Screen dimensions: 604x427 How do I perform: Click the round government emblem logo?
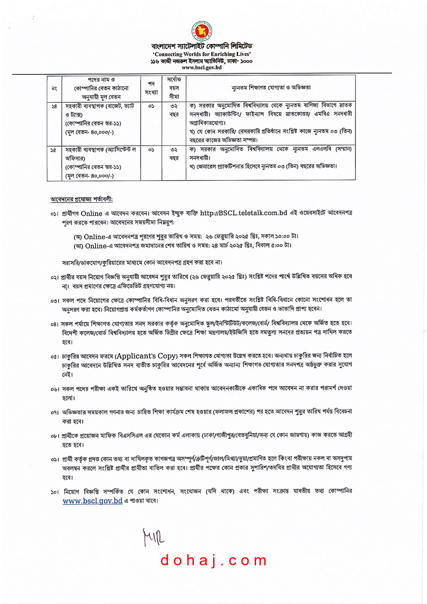[x=202, y=31]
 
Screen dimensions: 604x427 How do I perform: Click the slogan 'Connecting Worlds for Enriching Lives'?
[x=202, y=54]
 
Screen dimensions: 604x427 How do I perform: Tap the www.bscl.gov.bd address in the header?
[x=202, y=67]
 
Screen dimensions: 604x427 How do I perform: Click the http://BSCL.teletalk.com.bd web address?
[x=243, y=213]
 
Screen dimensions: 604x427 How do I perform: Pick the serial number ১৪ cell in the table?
[x=54, y=107]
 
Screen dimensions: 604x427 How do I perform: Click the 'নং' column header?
[x=54, y=89]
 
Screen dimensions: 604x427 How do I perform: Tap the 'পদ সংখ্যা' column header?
[x=151, y=88]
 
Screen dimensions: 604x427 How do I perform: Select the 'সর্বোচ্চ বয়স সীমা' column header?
[x=174, y=88]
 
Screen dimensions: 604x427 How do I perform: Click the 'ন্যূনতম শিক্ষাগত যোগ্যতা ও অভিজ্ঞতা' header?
[x=271, y=88]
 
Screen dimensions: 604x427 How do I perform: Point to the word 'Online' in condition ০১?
[x=91, y=213]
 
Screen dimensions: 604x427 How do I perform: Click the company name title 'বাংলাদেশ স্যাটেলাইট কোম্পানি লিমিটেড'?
[x=202, y=46]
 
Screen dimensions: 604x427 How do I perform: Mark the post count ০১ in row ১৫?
[x=151, y=150]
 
